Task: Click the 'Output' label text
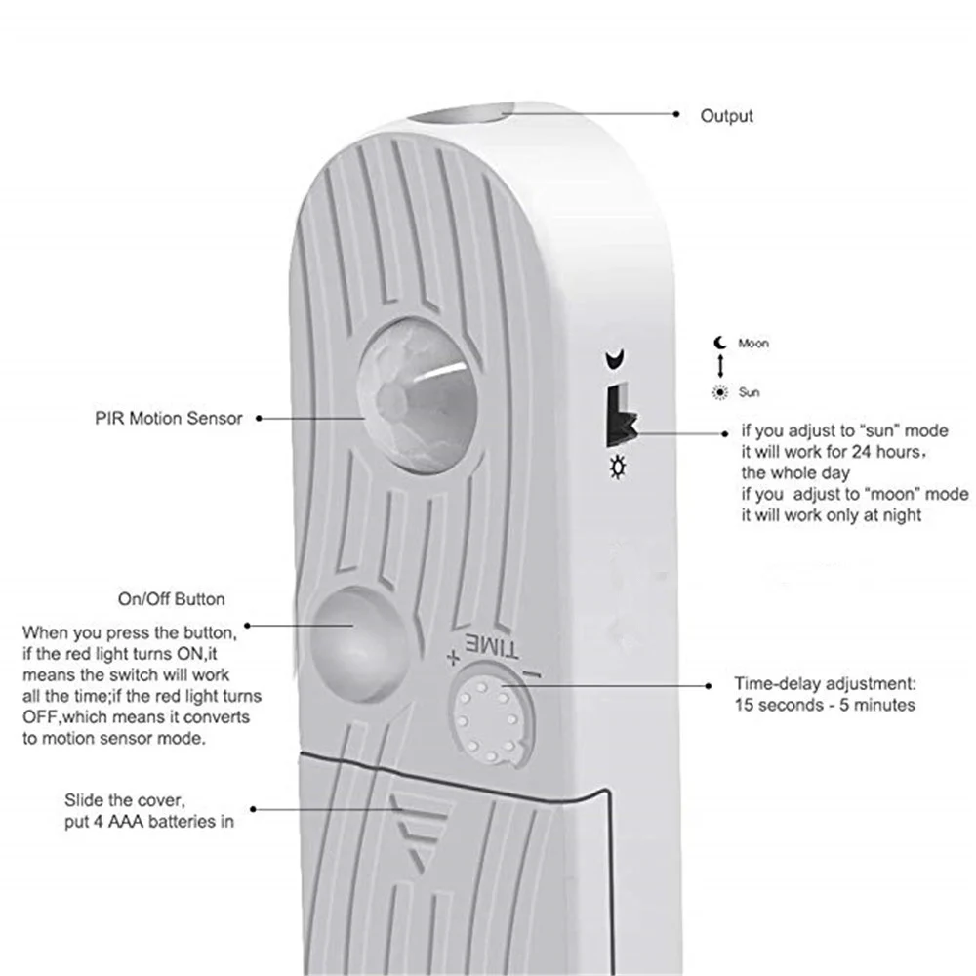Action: point(726,116)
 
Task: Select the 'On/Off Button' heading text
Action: point(171,598)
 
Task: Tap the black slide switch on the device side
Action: point(618,416)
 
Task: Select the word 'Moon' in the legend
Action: point(752,344)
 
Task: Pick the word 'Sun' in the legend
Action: point(749,392)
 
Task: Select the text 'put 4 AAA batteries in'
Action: point(149,821)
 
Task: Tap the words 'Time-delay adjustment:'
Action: point(824,684)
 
